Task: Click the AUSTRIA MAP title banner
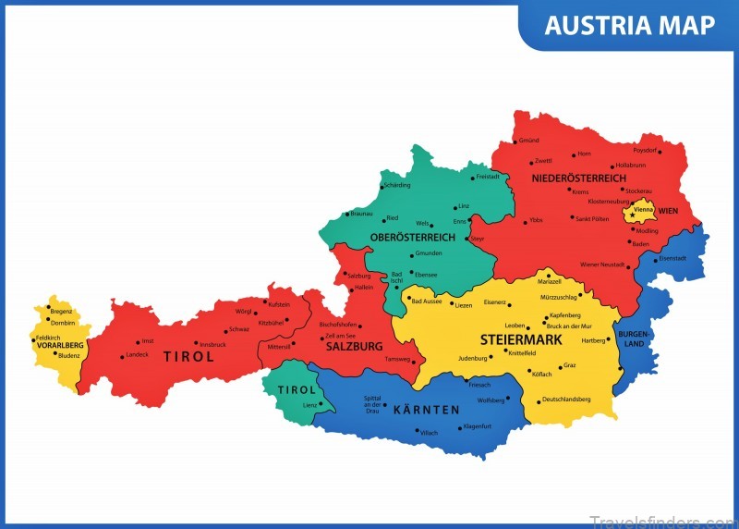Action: point(629,25)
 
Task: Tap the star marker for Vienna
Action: point(632,216)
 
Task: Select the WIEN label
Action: point(668,211)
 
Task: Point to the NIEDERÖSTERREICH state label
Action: point(578,178)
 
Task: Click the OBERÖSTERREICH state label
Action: point(413,238)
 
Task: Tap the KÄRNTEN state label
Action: point(426,409)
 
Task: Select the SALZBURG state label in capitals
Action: point(353,346)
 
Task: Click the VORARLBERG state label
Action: point(60,346)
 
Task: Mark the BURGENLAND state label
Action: point(634,338)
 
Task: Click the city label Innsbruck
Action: point(212,344)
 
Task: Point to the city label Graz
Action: point(569,365)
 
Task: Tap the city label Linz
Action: point(464,206)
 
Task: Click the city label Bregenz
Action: point(61,312)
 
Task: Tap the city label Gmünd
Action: point(528,141)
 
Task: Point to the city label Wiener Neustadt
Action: point(602,265)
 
